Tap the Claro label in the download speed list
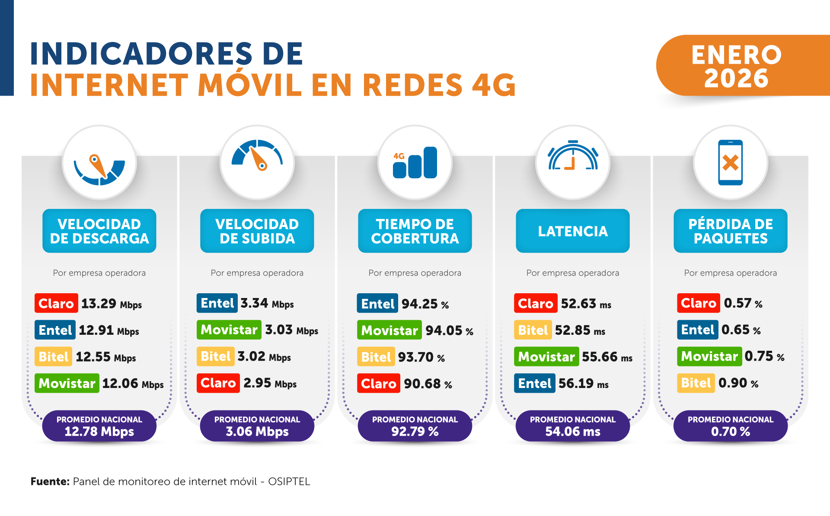tap(56, 303)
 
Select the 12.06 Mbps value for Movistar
tap(133, 384)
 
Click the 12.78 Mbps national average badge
tap(99, 426)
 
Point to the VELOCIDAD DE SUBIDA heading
tap(257, 231)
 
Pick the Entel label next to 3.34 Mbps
tap(217, 303)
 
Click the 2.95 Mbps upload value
tap(270, 383)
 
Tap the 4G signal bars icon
tap(415, 163)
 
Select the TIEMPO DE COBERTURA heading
tap(415, 231)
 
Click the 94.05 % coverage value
tap(449, 330)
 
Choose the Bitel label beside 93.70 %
tap(376, 357)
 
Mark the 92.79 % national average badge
tap(415, 426)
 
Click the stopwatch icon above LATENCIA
tap(573, 157)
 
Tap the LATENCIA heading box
tap(573, 231)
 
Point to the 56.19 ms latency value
tap(583, 384)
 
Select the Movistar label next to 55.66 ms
tap(546, 357)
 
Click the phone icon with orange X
tap(731, 163)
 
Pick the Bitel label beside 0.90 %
tap(696, 383)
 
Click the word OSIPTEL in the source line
tap(289, 482)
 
